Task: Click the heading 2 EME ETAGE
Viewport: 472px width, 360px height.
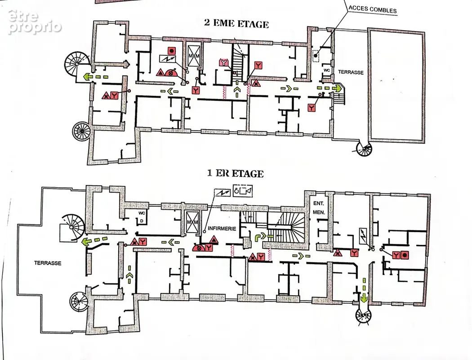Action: pos(236,24)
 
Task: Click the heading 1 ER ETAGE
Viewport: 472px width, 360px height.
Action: pos(236,174)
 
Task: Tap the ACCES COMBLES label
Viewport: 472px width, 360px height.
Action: pos(372,9)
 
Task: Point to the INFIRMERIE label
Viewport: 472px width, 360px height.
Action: pos(222,229)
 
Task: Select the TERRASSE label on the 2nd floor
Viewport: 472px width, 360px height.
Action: pos(351,72)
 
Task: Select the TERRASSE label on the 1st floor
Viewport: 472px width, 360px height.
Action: pos(48,263)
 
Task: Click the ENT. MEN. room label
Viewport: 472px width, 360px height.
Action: pos(318,208)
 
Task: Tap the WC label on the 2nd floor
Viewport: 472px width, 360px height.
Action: pos(327,70)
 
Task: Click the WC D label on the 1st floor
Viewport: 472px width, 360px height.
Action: pos(142,216)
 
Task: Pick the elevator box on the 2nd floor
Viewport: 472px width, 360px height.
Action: pos(194,56)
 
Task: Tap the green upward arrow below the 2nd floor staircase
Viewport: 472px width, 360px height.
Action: pos(237,90)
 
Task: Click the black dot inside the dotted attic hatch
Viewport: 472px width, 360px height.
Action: pos(316,55)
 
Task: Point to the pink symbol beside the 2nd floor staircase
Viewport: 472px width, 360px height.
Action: pos(224,63)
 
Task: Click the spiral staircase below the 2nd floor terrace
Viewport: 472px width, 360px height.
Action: pos(364,149)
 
